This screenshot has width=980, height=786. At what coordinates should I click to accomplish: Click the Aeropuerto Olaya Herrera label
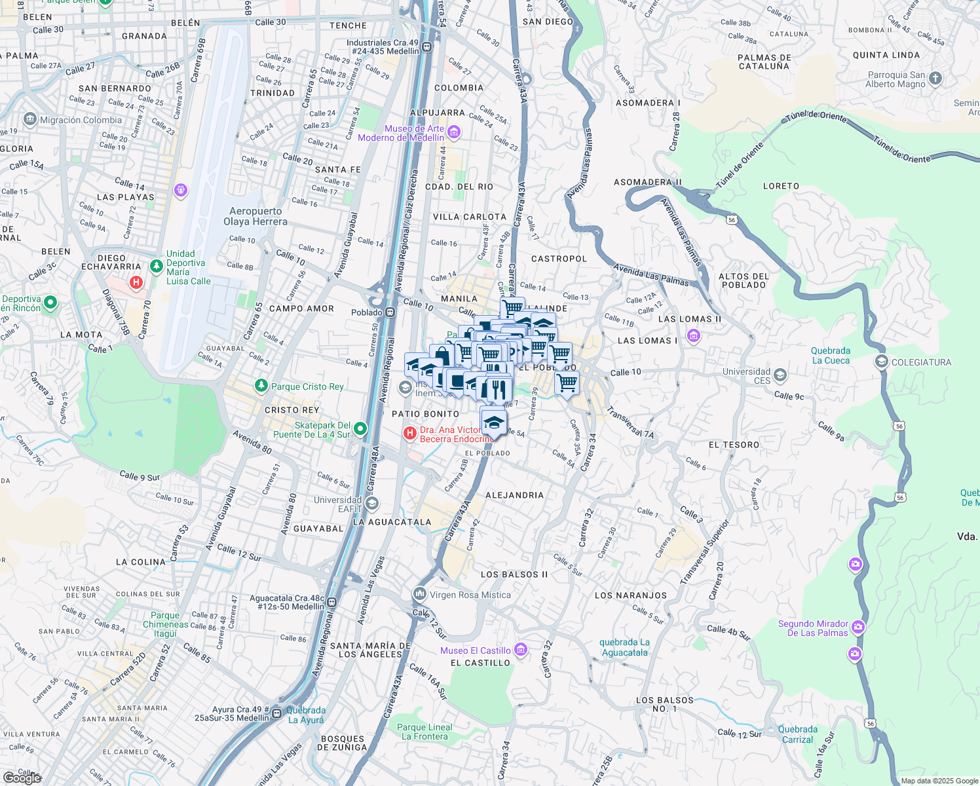click(x=255, y=216)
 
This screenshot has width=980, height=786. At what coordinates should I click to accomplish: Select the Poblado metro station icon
click(x=390, y=312)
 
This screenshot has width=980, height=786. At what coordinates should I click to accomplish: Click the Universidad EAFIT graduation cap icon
click(x=372, y=504)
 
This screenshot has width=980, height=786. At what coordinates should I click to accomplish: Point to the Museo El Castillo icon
click(x=521, y=650)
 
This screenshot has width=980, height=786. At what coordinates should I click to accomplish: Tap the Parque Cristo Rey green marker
click(x=261, y=386)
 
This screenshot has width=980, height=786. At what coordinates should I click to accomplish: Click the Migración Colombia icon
click(x=29, y=120)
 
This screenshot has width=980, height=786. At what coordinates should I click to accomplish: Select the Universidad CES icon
click(x=780, y=375)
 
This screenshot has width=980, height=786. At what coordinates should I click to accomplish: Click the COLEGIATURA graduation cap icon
click(x=881, y=362)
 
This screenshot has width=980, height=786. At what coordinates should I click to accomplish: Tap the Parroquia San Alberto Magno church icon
click(x=935, y=79)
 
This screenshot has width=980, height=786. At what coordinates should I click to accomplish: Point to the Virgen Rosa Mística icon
click(x=419, y=594)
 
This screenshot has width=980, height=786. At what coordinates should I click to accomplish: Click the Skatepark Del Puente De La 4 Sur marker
click(x=360, y=429)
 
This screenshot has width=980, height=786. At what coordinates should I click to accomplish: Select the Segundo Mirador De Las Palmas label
click(x=813, y=628)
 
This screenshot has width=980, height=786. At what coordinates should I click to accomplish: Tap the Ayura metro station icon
click(x=277, y=713)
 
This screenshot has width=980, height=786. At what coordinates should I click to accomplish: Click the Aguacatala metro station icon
click(x=333, y=602)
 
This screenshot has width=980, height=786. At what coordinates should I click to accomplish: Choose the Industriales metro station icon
click(x=427, y=47)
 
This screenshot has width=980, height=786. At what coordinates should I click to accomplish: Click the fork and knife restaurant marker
click(x=499, y=389)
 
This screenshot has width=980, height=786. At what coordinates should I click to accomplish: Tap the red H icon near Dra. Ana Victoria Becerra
click(x=410, y=433)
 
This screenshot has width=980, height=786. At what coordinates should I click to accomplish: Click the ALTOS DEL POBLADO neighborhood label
click(x=743, y=280)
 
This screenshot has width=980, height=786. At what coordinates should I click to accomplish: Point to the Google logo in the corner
click(x=22, y=777)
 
